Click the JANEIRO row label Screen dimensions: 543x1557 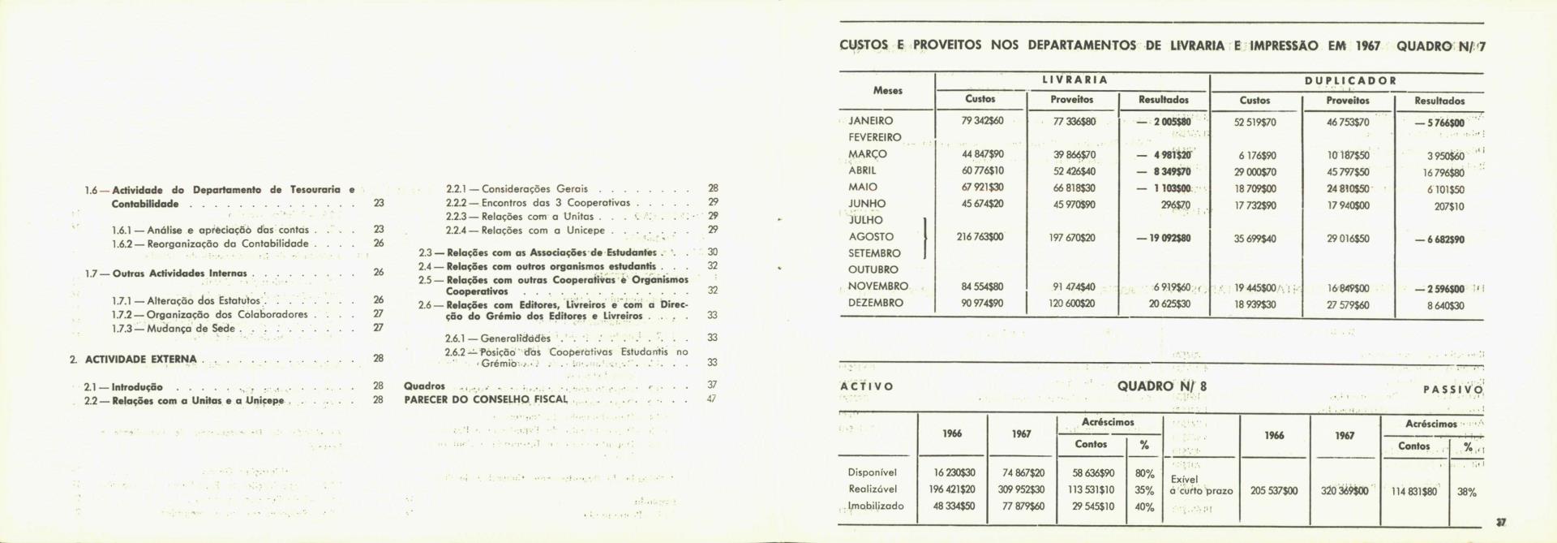pyautogui.click(x=870, y=121)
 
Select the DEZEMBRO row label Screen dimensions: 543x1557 pyautogui.click(x=875, y=303)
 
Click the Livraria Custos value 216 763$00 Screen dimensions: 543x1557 pyautogui.click(x=980, y=237)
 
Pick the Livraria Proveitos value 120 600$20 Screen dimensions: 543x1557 pyautogui.click(x=1072, y=303)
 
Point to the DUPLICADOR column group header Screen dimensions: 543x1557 pyautogui.click(x=1350, y=80)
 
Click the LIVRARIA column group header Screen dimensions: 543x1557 pyautogui.click(x=1074, y=80)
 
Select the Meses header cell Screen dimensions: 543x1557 pyautogui.click(x=888, y=90)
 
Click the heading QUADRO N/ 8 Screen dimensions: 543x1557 pyautogui.click(x=1161, y=386)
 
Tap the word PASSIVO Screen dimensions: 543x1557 pyautogui.click(x=1452, y=390)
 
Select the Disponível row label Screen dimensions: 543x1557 pyautogui.click(x=873, y=472)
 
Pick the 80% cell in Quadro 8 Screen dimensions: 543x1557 pyautogui.click(x=1144, y=473)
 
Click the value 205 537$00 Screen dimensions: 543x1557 pyautogui.click(x=1274, y=491)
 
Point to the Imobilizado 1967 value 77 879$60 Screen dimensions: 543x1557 pyautogui.click(x=1023, y=506)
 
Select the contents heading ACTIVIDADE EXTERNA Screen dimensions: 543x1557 pyautogui.click(x=141, y=359)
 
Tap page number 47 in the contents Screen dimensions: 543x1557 pyautogui.click(x=712, y=399)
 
